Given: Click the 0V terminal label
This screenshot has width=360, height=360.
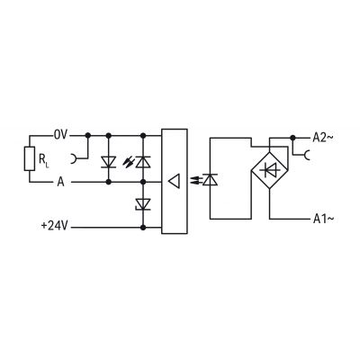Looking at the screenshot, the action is [61, 135].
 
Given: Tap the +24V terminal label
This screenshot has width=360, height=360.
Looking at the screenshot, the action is [54, 226].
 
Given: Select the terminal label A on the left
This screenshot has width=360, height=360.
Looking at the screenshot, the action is [60, 182].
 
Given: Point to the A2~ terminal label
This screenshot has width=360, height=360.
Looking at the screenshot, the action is [323, 138].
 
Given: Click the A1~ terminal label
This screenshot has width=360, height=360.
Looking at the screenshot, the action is [323, 219].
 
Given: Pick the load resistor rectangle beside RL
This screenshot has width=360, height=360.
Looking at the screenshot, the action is [30, 159].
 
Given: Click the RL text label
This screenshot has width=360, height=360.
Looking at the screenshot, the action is [43, 159].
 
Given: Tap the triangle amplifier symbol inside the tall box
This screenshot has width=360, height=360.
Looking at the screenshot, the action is [174, 181].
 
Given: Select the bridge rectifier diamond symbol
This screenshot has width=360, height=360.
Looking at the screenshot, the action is [269, 171].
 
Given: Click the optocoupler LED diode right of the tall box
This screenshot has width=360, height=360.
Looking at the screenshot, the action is [210, 180].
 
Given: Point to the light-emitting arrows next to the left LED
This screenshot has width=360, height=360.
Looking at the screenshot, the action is [129, 162].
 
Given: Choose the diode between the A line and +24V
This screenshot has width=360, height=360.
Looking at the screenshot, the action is [143, 204].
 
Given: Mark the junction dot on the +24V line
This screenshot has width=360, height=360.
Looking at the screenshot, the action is [143, 228].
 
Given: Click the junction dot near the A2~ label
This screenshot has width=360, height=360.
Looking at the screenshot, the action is [292, 138].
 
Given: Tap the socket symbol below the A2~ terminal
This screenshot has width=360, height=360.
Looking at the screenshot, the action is [307, 155].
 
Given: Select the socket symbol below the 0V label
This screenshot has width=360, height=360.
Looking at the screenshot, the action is [74, 158].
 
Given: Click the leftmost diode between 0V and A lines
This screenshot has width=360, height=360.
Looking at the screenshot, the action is [109, 162].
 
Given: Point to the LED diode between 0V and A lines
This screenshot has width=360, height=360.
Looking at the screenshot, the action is [143, 162].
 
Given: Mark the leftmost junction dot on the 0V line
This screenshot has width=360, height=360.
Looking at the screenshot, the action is [88, 136].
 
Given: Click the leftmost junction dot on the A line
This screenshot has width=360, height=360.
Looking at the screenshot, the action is [109, 182].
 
